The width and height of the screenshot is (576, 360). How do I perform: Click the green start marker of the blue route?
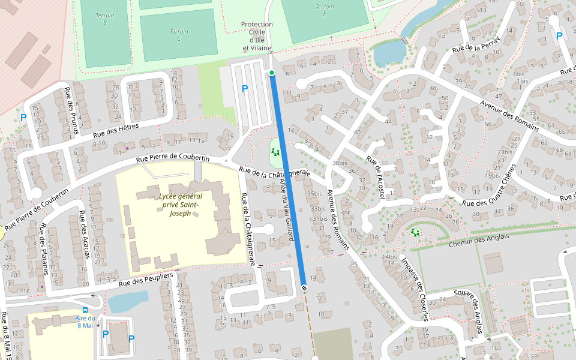(x=272, y=73)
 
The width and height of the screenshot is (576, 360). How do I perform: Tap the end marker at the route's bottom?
(x=304, y=287)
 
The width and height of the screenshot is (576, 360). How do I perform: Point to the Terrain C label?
(x=178, y=35)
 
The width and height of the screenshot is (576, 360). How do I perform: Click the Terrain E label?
(x=325, y=10)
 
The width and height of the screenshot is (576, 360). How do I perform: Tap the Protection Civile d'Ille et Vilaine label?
(x=257, y=36)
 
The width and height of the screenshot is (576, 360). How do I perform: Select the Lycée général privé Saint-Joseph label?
(x=181, y=205)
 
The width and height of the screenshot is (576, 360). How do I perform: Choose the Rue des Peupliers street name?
(x=145, y=279)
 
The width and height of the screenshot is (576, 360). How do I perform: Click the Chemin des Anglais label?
(x=478, y=239)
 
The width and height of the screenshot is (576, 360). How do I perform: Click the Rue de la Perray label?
(x=476, y=47)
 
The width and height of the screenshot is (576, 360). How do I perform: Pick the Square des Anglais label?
(x=469, y=306)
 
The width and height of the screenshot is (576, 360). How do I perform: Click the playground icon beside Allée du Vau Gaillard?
(x=275, y=152)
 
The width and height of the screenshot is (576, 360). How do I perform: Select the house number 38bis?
(x=340, y=163)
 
